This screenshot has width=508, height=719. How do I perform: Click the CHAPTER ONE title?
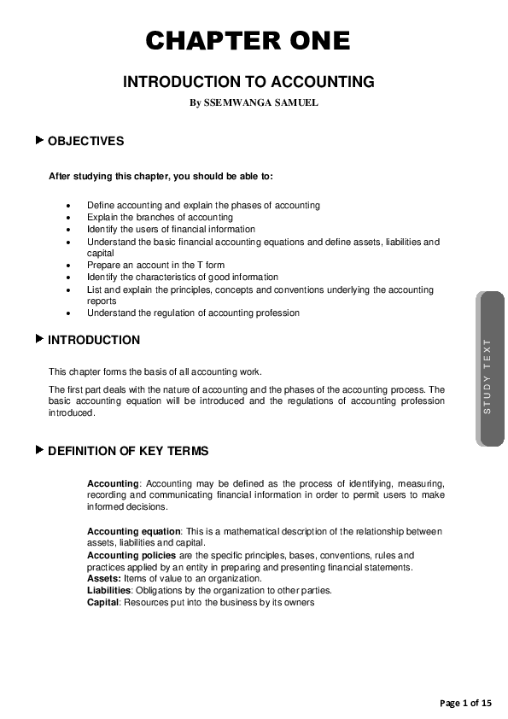pos(248,41)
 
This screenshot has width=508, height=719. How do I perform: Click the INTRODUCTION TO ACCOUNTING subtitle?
pos(249,83)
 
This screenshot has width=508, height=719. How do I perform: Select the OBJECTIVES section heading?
pos(85,141)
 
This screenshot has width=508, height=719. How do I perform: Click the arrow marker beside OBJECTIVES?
pos(39,140)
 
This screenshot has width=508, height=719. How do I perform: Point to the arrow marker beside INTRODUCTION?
pos(39,339)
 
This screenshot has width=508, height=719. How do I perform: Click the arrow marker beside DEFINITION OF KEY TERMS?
pos(39,450)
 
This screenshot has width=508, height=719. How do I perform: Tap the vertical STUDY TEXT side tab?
pos(488,376)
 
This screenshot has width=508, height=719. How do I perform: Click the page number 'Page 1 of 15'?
pos(466,703)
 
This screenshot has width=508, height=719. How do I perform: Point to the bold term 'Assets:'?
pos(104,579)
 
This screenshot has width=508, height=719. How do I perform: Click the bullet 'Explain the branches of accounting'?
pos(160,218)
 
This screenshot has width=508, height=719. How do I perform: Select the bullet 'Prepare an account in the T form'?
pos(155,266)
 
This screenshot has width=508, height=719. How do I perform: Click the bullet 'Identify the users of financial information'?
pos(171,230)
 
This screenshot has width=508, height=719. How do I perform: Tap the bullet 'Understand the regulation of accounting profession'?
pos(193,313)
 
